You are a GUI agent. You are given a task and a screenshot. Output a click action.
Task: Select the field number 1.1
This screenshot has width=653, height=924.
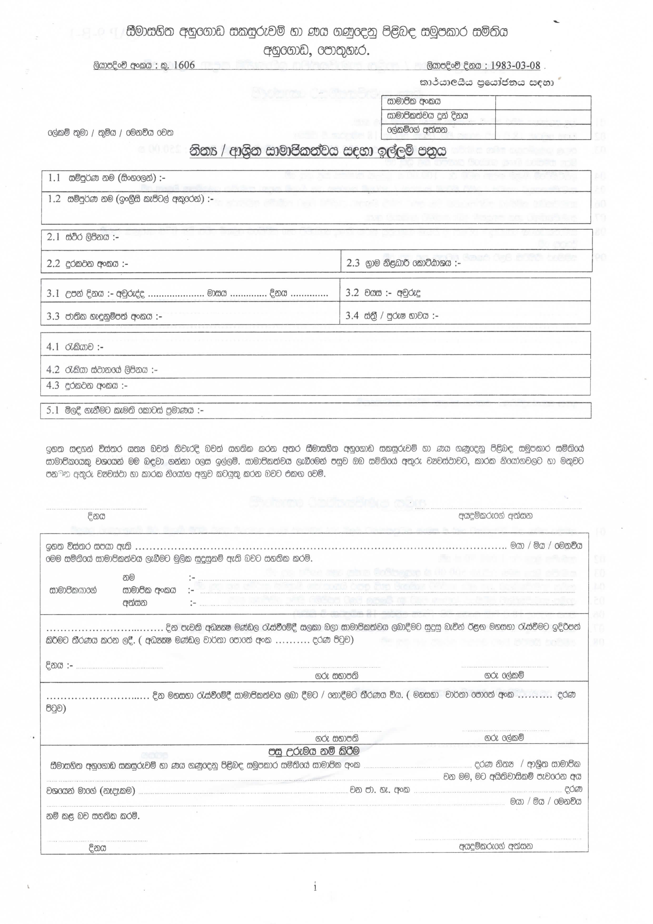54,177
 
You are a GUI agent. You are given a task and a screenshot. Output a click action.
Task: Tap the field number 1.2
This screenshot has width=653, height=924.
54,199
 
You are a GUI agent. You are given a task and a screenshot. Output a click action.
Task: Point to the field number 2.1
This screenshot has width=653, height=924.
53,237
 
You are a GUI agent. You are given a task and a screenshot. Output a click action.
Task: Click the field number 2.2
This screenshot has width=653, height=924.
53,264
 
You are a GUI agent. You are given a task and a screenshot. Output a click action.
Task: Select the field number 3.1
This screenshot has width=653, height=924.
53,293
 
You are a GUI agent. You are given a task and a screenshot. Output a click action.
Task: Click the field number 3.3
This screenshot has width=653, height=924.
53,316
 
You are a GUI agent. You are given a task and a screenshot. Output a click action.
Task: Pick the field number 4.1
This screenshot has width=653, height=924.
53,347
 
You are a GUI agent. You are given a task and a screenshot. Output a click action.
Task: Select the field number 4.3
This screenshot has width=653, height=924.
53,385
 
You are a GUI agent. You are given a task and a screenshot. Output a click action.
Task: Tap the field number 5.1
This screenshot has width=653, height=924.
53,410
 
